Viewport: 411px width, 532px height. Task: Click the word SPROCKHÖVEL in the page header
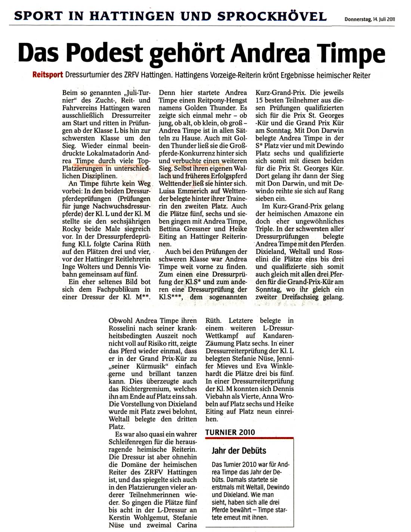(x=272, y=16)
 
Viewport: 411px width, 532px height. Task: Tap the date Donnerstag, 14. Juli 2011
(x=370, y=20)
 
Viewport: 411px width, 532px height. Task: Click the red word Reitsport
(x=48, y=75)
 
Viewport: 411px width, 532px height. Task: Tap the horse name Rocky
(x=71, y=229)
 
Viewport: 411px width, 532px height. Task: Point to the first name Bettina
(x=171, y=229)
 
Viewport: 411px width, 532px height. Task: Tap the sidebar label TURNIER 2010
(x=230, y=432)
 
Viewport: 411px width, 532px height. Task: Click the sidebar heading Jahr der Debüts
(x=239, y=451)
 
